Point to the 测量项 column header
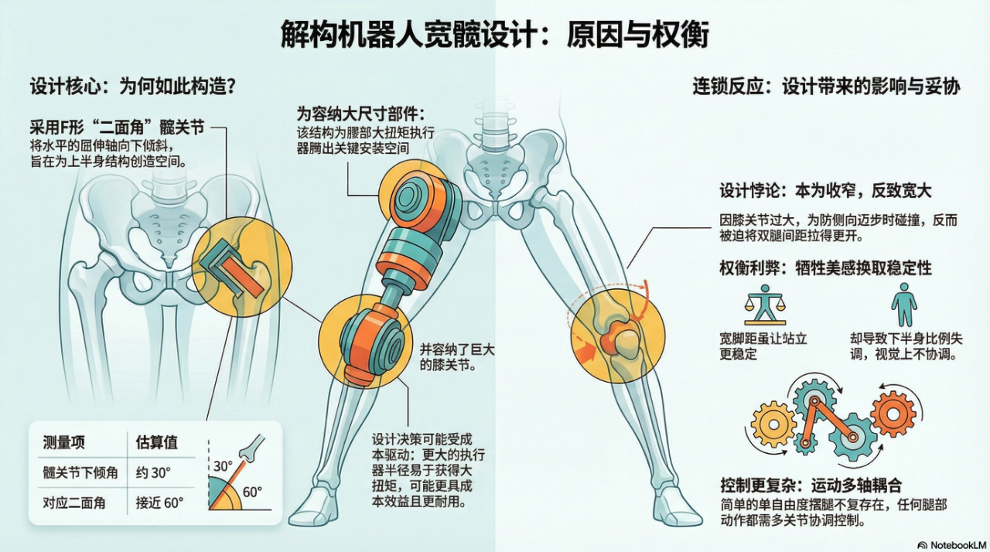click(x=63, y=442)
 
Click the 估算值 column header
click(x=157, y=442)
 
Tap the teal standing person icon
click(x=903, y=304)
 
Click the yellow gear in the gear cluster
click(x=773, y=424)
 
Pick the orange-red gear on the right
click(x=893, y=414)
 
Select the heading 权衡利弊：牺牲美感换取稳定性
click(x=825, y=267)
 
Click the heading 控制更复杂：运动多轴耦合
click(x=811, y=486)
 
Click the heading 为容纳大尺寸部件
click(x=361, y=113)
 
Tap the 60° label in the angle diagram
click(x=252, y=492)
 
